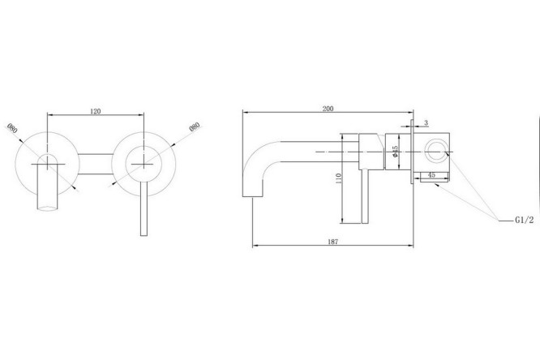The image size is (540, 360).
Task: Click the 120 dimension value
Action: [x=96, y=111]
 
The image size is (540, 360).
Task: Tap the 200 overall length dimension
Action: [x=328, y=109]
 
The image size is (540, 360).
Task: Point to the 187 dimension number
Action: [x=334, y=241]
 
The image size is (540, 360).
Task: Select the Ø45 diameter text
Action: [x=394, y=152]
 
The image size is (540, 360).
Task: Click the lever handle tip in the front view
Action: [x=144, y=232]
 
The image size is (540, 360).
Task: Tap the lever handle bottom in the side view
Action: [x=366, y=221]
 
